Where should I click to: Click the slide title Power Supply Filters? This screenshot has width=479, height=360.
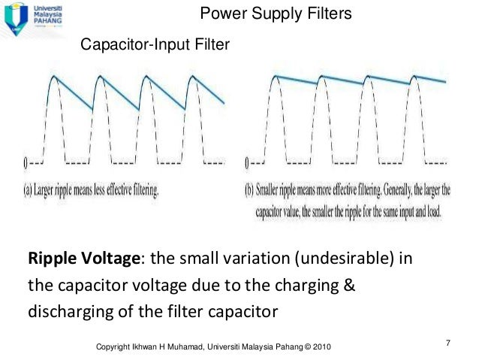tap(276, 15)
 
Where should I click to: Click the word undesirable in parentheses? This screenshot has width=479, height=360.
tap(340, 259)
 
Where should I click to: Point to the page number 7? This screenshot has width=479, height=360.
tap(447, 343)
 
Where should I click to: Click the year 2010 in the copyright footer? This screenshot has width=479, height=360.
tap(318, 346)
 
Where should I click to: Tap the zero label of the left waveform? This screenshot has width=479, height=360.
tap(26, 162)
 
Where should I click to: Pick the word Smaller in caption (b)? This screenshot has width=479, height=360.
tap(277, 191)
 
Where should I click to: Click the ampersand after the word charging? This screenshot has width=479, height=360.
tap(349, 286)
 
